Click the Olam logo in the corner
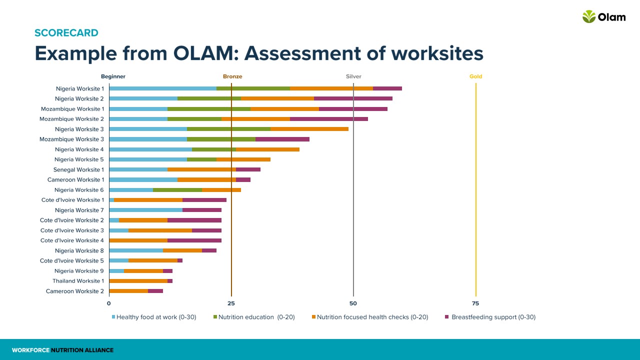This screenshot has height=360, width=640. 603,17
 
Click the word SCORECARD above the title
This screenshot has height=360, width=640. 66,33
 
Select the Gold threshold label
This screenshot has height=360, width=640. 475,76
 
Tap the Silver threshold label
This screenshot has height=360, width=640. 353,76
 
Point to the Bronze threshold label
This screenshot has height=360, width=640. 232,76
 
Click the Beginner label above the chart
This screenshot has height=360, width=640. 113,76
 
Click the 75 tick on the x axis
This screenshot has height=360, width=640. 475,303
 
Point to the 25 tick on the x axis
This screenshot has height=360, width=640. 231,303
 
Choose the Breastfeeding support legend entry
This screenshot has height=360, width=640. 490,317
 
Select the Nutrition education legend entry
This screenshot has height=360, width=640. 253,317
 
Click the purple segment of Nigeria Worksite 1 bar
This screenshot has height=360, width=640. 387,88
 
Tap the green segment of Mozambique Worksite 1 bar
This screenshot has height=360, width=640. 208,109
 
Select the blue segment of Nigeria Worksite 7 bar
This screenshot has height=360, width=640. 145,210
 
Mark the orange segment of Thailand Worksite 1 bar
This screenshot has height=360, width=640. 138,281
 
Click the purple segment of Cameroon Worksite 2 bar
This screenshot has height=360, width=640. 155,291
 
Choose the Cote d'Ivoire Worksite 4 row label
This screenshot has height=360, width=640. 72,240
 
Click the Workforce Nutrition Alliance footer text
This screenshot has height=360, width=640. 63,350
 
